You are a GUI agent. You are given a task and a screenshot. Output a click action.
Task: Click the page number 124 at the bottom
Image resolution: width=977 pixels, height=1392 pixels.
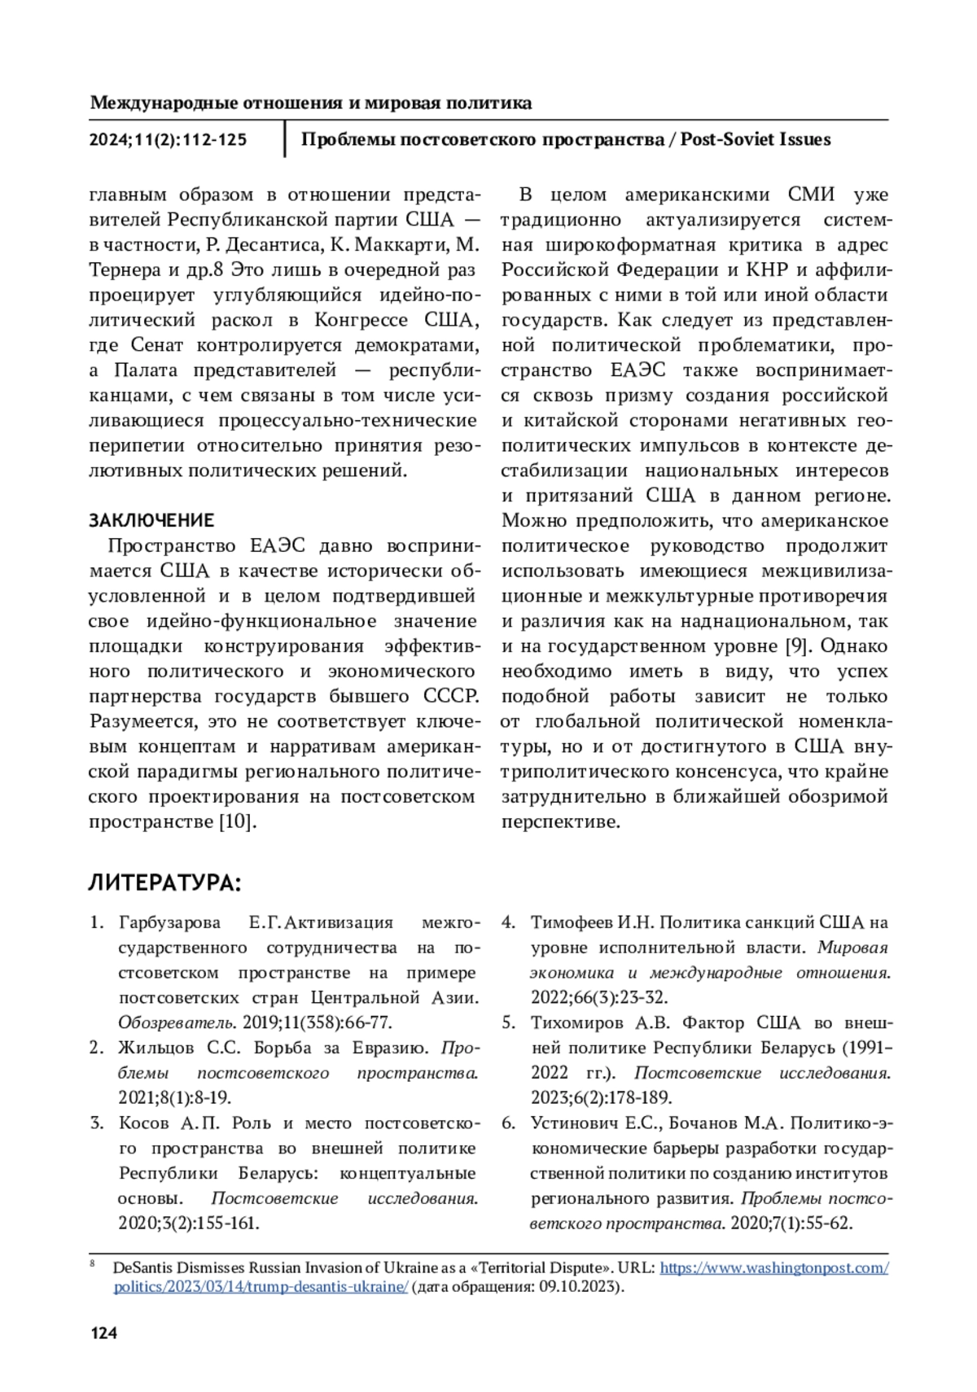click(103, 1333)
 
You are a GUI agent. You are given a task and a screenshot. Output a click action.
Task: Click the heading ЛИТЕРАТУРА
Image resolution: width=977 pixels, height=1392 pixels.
click(164, 883)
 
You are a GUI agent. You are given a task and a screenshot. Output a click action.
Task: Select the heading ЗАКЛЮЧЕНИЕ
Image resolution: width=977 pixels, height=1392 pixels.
click(151, 520)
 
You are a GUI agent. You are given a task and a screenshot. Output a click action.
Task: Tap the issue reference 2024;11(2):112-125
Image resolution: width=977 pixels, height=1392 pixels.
click(168, 139)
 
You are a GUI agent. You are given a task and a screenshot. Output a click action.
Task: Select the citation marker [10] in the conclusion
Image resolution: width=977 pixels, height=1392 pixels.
click(238, 821)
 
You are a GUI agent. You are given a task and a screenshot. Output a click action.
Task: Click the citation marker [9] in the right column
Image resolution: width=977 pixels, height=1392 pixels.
click(795, 646)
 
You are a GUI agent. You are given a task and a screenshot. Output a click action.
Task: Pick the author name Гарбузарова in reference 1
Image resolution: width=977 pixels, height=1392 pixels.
click(169, 922)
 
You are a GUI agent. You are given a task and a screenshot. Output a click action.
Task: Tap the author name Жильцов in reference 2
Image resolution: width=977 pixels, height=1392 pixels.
click(156, 1048)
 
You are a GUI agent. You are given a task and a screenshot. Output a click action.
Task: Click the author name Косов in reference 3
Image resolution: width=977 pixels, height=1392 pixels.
click(145, 1123)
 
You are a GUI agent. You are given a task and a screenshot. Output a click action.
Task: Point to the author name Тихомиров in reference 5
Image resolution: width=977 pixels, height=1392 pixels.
click(575, 1022)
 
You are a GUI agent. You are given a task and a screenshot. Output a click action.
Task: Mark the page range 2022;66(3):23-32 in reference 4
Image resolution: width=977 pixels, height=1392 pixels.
click(598, 997)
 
